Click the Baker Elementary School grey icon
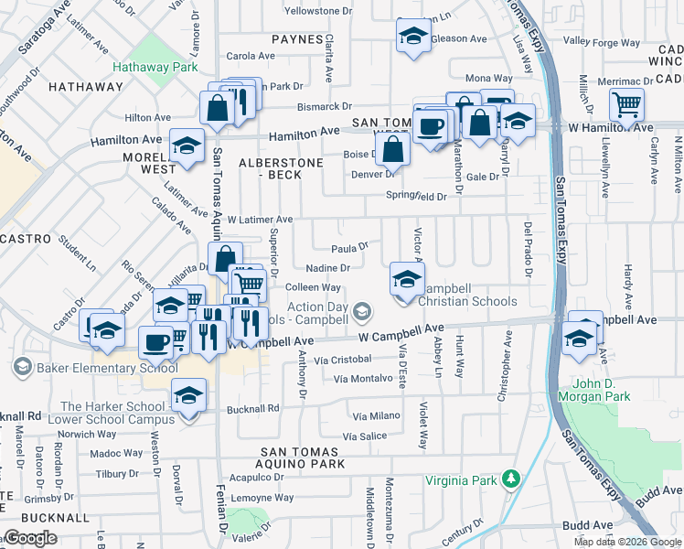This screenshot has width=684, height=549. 23,368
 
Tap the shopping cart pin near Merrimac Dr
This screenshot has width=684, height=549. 626,105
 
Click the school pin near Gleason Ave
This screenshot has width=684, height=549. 413,38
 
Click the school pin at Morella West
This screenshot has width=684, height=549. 187,147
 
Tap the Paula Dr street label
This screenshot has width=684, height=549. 348,247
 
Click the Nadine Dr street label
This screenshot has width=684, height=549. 327,268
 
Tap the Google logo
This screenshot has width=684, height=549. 30,538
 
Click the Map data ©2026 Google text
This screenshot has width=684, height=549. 627,542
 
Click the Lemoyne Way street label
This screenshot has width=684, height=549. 262,499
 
